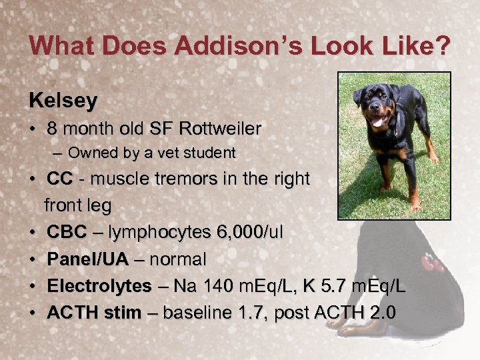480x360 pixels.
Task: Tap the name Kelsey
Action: (63, 101)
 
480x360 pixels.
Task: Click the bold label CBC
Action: (67, 232)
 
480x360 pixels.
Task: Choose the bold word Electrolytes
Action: (99, 285)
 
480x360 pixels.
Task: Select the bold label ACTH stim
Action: (94, 312)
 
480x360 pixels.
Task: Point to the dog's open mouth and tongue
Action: (378, 121)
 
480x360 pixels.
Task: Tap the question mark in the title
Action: (441, 46)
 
